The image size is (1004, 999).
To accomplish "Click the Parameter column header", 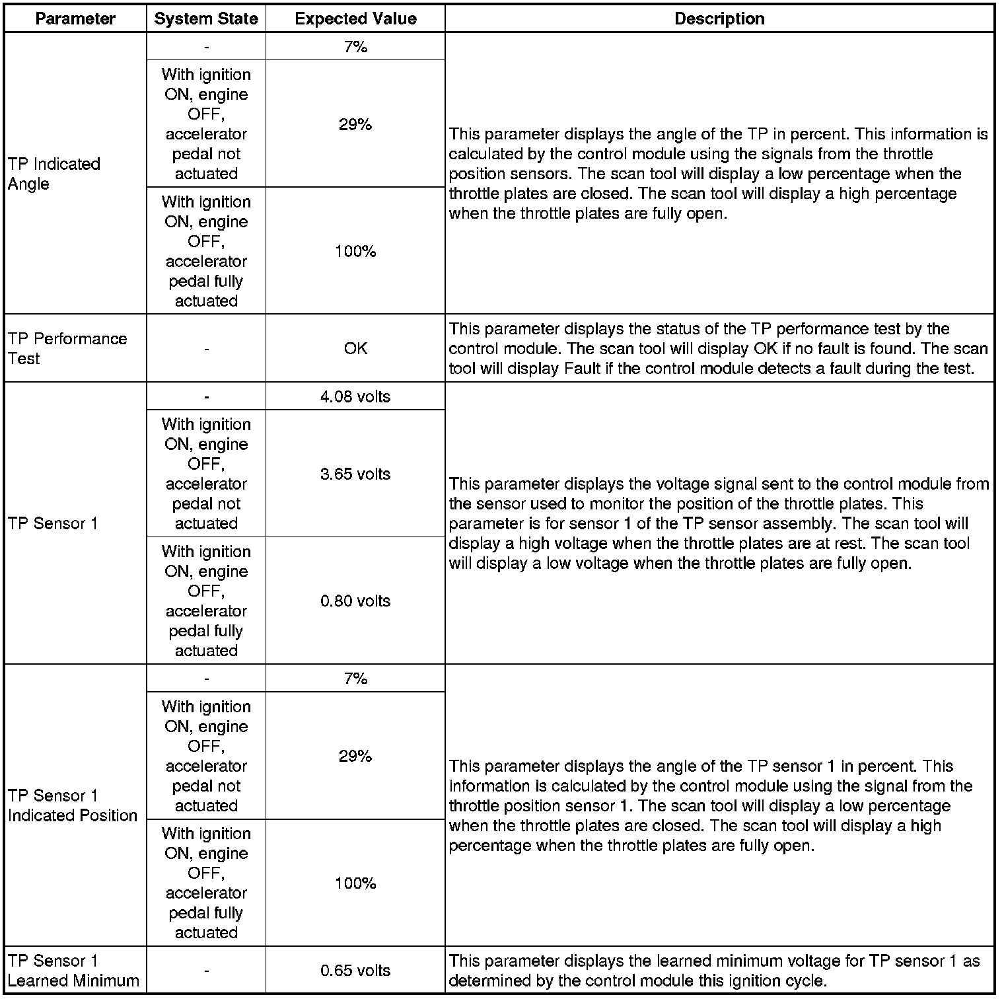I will click(x=75, y=18).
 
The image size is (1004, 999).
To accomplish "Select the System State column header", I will click(x=206, y=18).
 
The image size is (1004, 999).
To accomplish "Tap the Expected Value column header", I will click(x=355, y=18).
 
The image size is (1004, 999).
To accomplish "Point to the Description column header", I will click(x=719, y=18).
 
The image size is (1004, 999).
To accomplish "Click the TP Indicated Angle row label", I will click(x=54, y=174).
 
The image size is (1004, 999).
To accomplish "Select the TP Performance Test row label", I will click(x=67, y=348).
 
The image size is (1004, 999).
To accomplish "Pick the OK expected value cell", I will click(x=355, y=348).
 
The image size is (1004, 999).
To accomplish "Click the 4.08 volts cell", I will click(x=355, y=396).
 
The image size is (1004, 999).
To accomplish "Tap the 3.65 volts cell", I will click(x=355, y=474).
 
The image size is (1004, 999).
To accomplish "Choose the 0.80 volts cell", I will click(x=355, y=601).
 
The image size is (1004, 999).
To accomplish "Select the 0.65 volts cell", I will click(x=355, y=971).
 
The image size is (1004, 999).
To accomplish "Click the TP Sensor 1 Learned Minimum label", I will click(x=73, y=971).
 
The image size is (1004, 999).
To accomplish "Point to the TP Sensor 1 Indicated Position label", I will click(x=73, y=805).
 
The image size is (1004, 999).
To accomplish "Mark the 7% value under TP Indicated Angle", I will click(x=355, y=47).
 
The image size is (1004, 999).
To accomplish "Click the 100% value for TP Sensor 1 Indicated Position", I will click(x=355, y=883).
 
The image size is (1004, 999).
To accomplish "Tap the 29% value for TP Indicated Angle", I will click(x=355, y=124).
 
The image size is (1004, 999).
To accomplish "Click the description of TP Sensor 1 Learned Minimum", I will click(x=714, y=971).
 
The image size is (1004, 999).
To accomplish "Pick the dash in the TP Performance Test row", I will click(x=207, y=349).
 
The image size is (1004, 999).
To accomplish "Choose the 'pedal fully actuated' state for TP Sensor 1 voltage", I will click(x=206, y=601).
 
